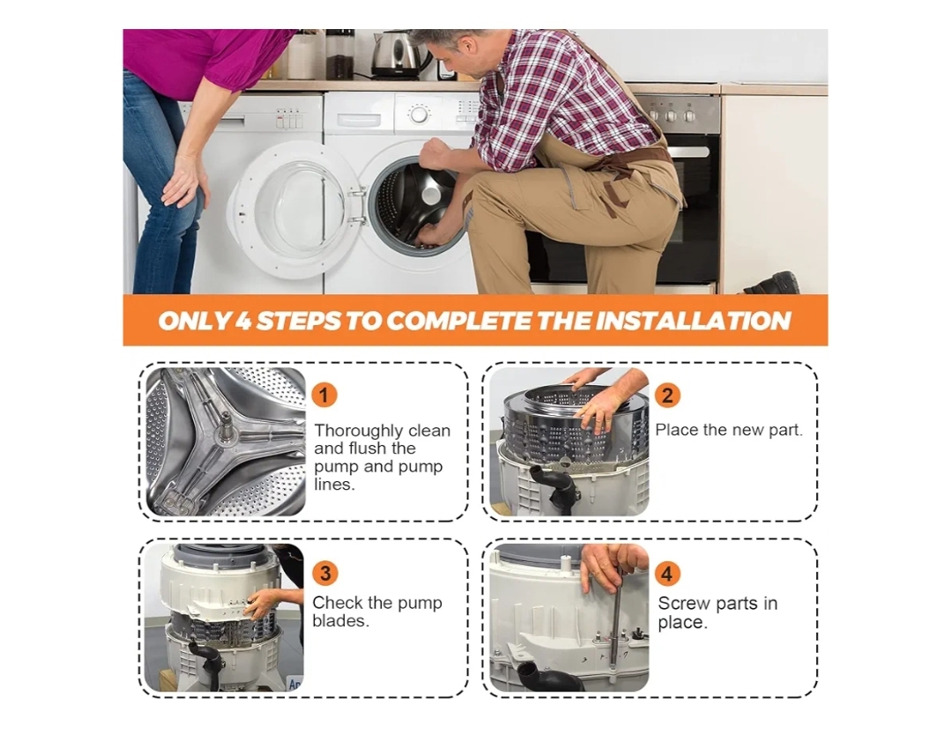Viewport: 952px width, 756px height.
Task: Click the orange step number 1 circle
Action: (x=324, y=396)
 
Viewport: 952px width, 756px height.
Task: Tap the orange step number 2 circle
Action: (x=667, y=396)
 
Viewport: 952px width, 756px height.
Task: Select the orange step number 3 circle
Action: (x=324, y=574)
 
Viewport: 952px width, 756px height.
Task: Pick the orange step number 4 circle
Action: (x=667, y=574)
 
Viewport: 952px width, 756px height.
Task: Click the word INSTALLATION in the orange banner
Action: (x=693, y=321)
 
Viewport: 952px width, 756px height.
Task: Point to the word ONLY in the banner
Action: (x=195, y=321)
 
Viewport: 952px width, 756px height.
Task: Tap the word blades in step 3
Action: (x=339, y=620)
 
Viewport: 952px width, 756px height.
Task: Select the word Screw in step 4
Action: (x=682, y=603)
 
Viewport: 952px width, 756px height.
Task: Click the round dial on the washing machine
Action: (x=419, y=114)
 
